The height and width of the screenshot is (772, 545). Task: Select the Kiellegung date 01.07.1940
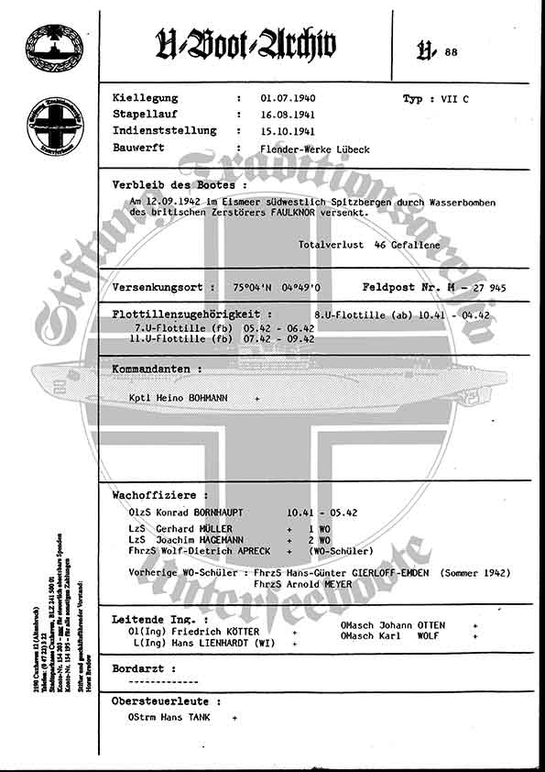287,98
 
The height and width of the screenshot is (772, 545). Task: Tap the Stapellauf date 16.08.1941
287,115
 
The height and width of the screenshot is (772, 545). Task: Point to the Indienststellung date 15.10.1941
287,131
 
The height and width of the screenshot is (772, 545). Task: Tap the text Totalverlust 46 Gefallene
369,245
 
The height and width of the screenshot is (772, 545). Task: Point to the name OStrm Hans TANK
169,718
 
